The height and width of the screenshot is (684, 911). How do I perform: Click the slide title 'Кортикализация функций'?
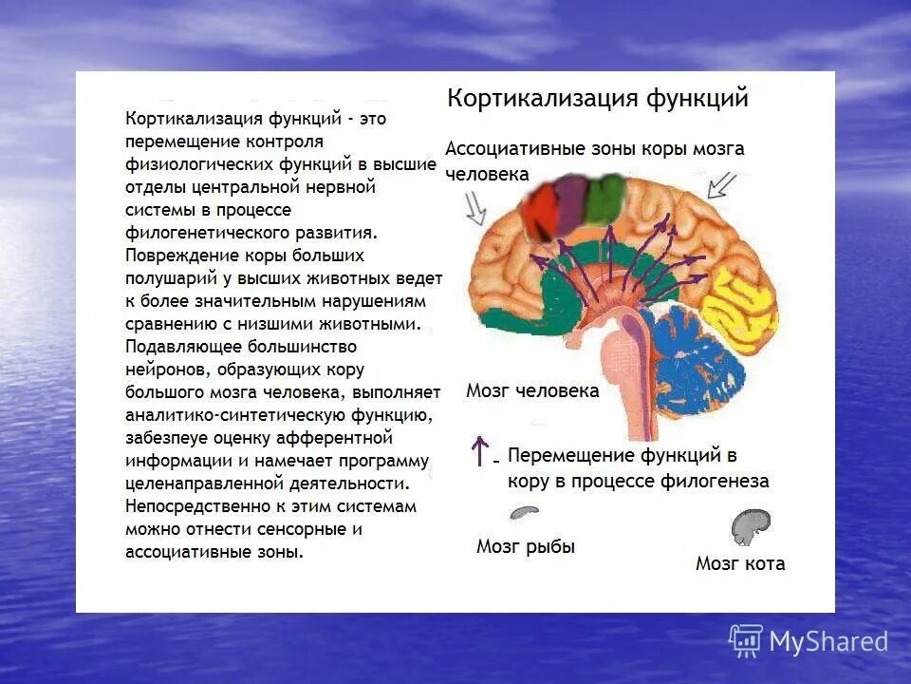pos(598,99)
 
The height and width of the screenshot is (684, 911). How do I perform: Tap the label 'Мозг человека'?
pos(532,391)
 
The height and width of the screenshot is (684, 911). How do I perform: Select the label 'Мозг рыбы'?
pos(526,546)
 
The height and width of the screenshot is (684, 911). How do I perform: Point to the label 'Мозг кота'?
pos(740,563)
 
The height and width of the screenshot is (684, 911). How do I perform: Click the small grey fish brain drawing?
pos(524,512)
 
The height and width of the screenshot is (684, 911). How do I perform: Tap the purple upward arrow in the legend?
pos(481,450)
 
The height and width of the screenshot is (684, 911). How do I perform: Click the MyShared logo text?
pos(827,642)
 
